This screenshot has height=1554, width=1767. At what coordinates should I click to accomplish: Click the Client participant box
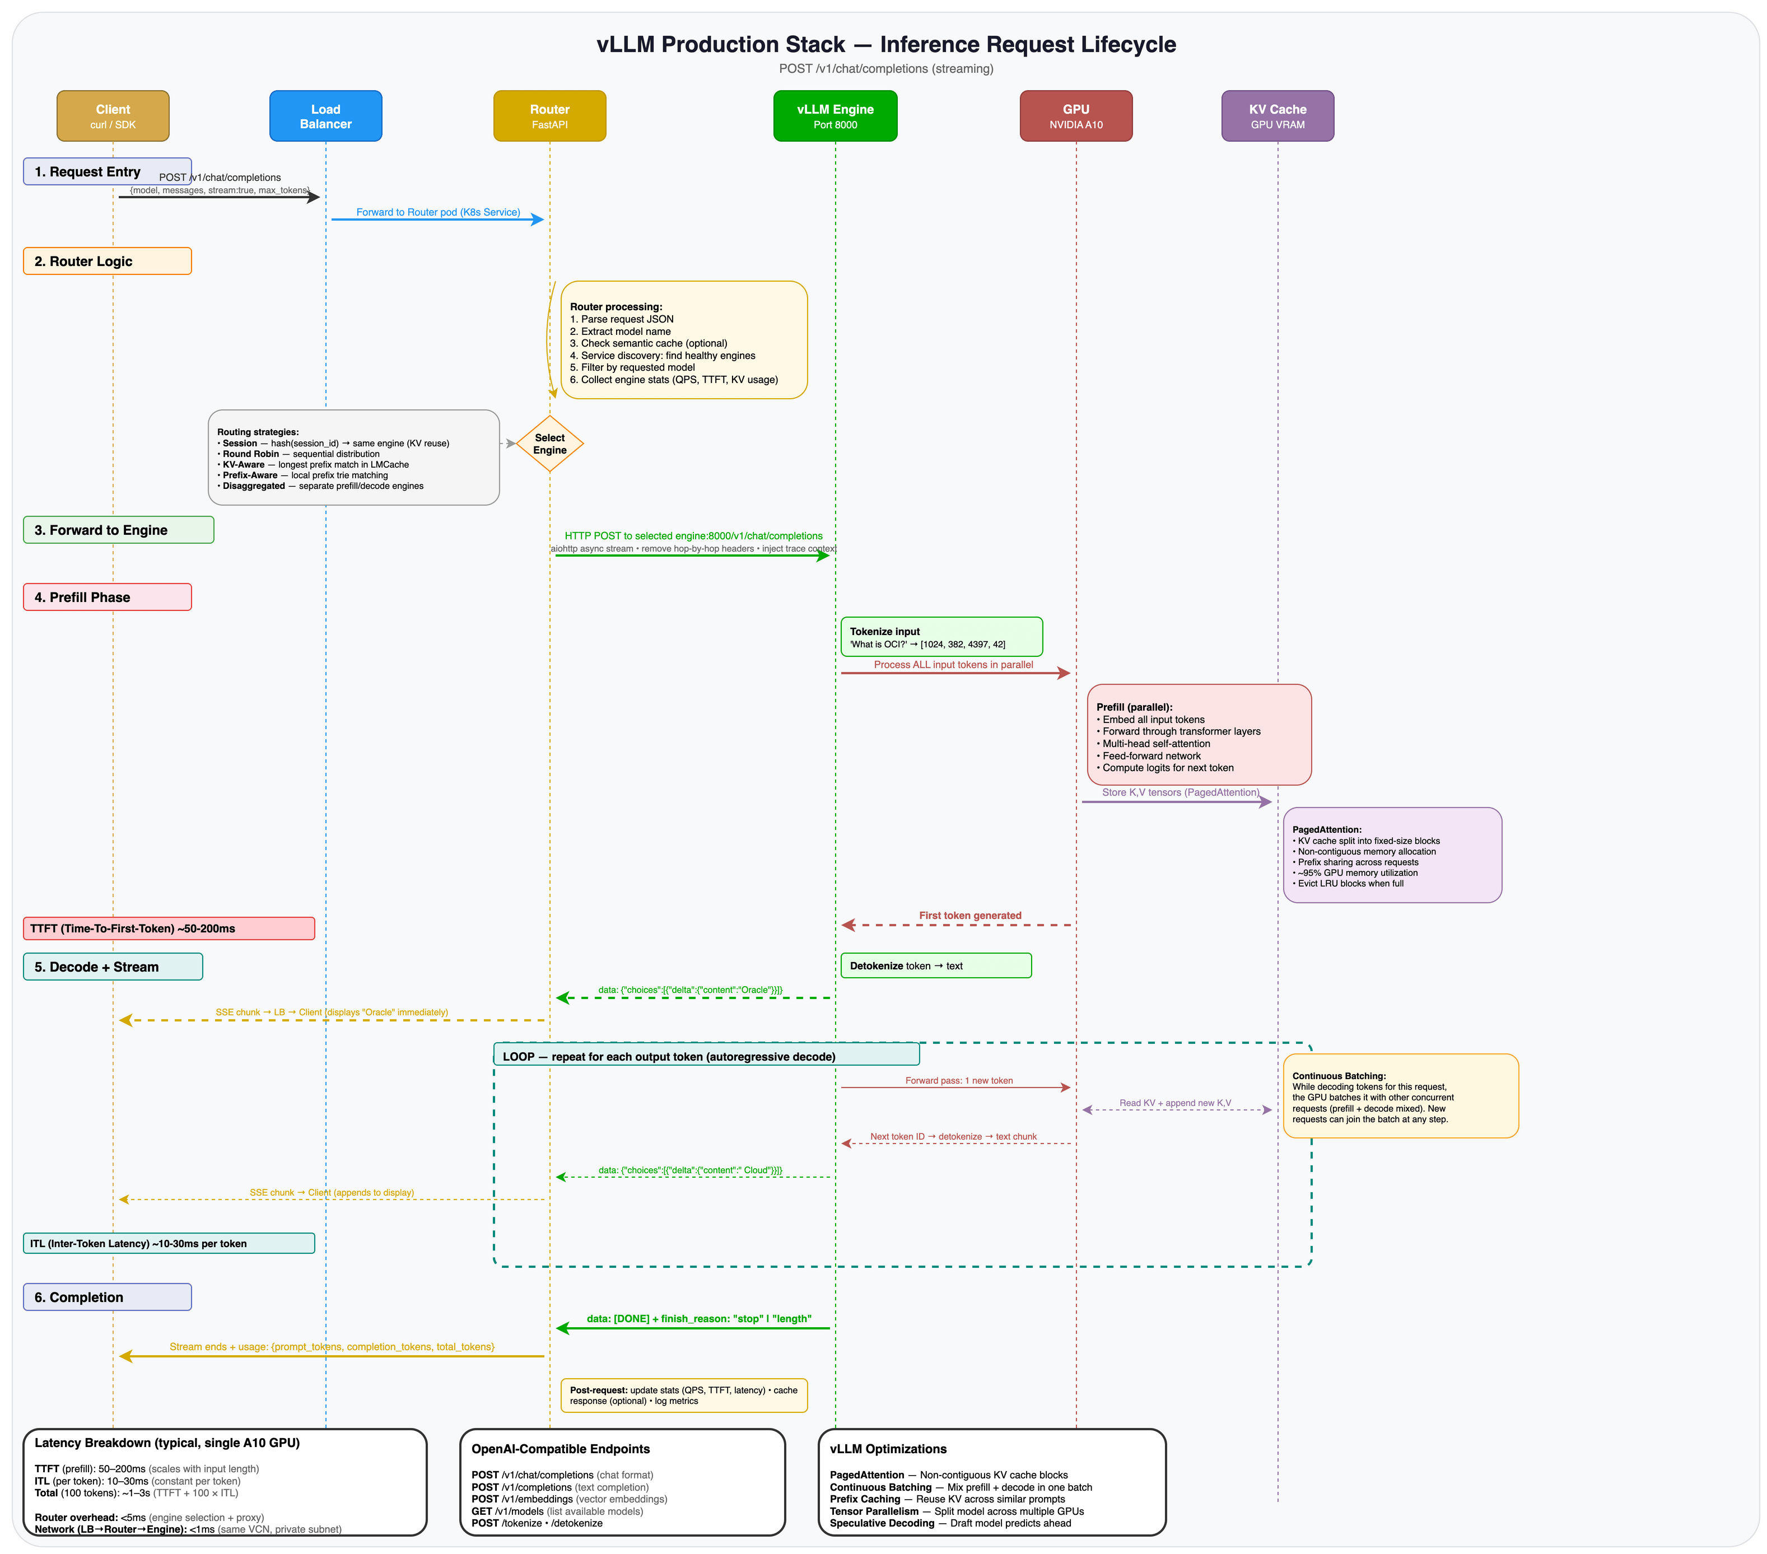click(113, 116)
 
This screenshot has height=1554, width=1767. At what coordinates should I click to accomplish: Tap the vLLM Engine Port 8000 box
click(834, 116)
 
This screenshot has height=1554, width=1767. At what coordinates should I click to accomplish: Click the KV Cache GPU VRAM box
click(1277, 116)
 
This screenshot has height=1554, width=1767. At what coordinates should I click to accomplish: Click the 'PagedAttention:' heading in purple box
click(1326, 830)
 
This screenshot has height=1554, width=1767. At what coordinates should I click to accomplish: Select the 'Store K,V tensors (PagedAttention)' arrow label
click(1180, 792)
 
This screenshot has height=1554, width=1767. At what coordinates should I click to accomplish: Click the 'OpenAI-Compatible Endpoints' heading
click(560, 1449)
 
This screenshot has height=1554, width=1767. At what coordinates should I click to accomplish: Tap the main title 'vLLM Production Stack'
click(720, 45)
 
